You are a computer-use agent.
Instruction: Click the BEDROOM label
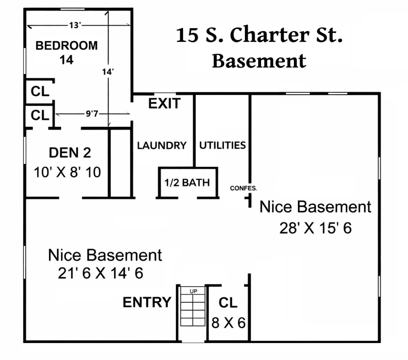(67, 46)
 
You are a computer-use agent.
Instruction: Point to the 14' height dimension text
(107, 72)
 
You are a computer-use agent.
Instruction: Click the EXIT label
(164, 104)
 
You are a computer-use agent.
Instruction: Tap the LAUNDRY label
(162, 145)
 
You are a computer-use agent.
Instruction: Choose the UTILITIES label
(222, 145)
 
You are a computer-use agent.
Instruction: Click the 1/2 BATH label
(187, 183)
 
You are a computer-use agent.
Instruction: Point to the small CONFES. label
(244, 188)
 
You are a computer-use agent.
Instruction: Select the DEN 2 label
(70, 152)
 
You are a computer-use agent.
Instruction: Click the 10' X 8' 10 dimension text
(67, 172)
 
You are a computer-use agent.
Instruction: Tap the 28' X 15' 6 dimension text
(316, 228)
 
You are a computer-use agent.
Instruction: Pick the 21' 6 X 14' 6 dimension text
(100, 274)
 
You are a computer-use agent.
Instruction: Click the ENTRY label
(147, 303)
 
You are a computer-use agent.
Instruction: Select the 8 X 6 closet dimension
(229, 323)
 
